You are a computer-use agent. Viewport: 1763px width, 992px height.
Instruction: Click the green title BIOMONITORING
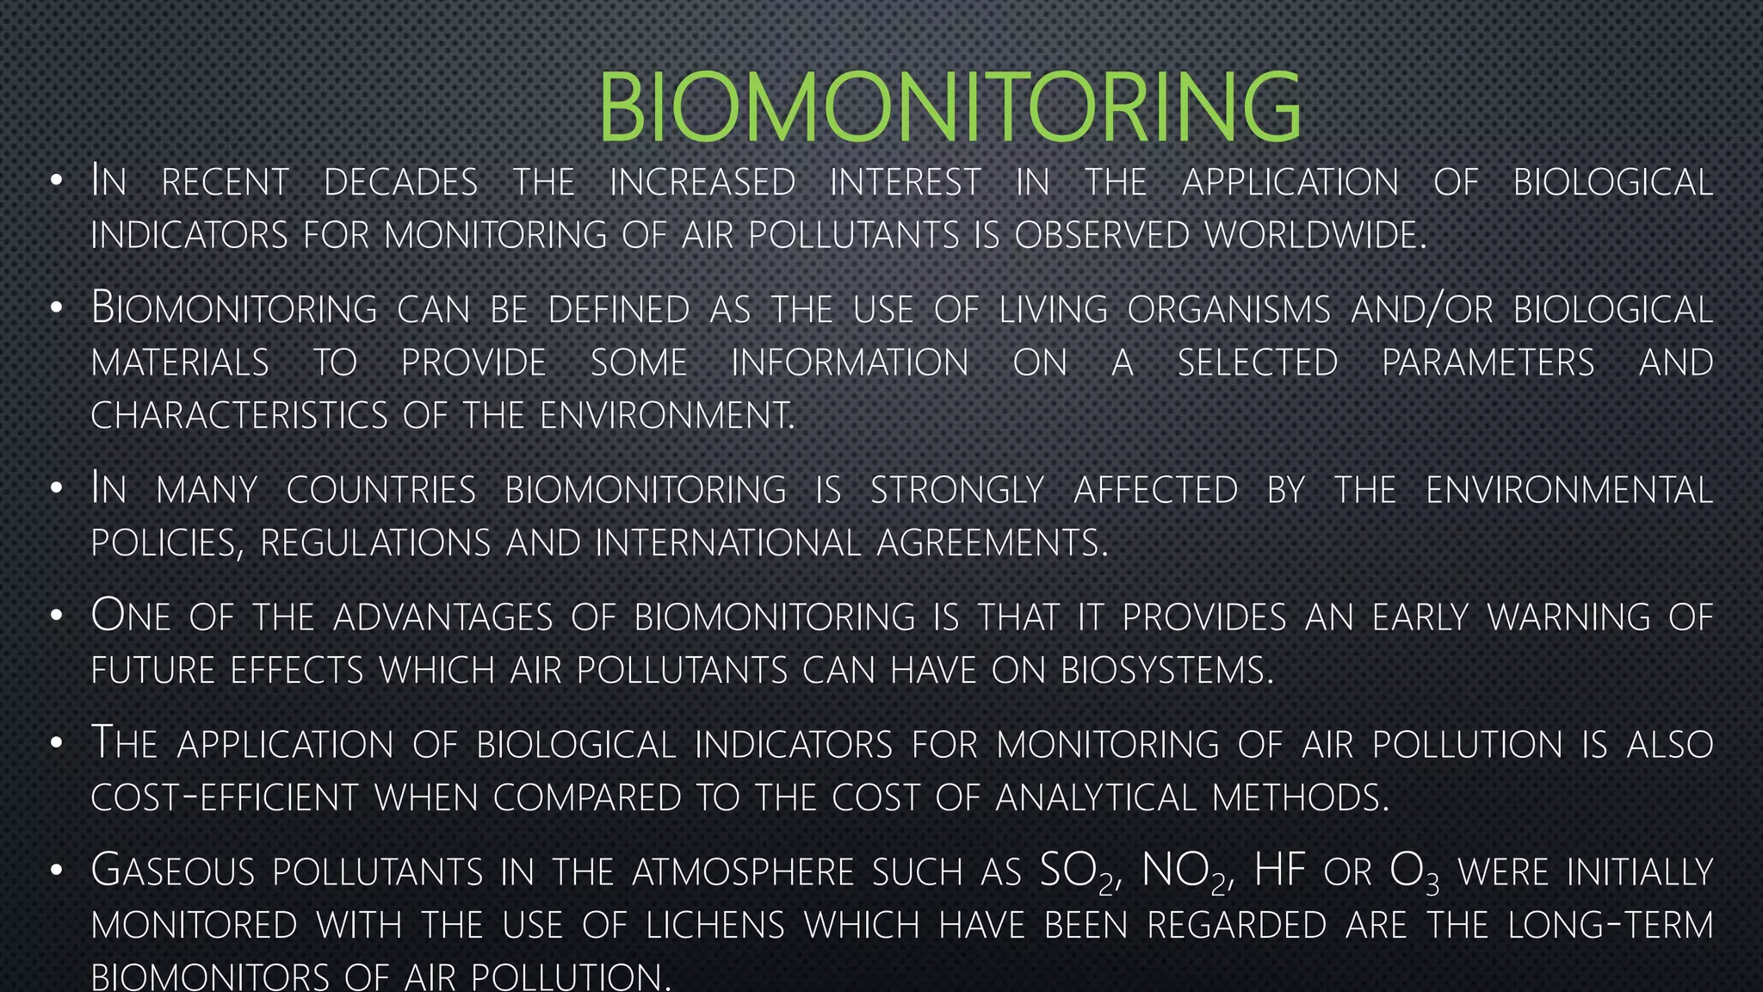[950, 108]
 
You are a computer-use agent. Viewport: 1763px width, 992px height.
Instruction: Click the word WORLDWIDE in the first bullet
[1315, 235]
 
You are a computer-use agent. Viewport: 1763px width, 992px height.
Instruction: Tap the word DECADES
[400, 183]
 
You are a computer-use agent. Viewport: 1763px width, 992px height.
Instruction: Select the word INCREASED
[702, 183]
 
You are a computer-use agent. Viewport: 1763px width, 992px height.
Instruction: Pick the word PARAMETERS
[1488, 363]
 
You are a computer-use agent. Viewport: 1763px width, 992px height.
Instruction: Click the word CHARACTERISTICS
[239, 416]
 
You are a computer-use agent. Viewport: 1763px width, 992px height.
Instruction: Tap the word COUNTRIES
[380, 490]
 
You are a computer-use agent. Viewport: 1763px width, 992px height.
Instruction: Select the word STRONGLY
[957, 490]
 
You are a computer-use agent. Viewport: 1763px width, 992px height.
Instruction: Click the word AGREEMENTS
[992, 543]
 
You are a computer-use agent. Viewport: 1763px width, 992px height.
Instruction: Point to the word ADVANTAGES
[442, 617]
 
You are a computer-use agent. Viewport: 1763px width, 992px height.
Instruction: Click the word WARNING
[1569, 617]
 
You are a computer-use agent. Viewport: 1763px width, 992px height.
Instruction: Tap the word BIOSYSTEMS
[1166, 671]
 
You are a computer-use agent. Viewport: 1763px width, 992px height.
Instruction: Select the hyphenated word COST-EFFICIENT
[224, 797]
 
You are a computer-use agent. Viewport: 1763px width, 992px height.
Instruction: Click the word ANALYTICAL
[1096, 797]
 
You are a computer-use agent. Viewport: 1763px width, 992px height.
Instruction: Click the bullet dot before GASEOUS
[56, 871]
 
